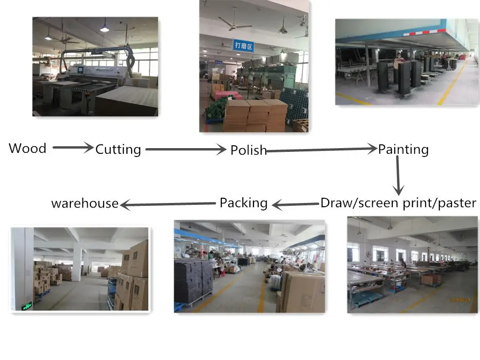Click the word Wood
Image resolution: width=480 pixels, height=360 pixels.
point(28,149)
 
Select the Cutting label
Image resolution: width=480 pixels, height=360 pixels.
point(118,150)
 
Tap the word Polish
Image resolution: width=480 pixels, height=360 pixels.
point(248,150)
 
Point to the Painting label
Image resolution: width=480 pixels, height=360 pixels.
point(403,150)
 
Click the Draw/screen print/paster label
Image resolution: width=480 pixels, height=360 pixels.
point(398,203)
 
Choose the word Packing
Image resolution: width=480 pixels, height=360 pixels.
point(244,203)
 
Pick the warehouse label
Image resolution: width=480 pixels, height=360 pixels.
point(85,203)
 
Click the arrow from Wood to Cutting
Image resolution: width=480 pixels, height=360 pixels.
point(73,148)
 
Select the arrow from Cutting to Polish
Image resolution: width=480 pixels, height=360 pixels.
point(186,150)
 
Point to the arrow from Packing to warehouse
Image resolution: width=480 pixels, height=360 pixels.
point(167,204)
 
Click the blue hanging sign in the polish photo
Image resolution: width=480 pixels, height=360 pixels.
point(243,45)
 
